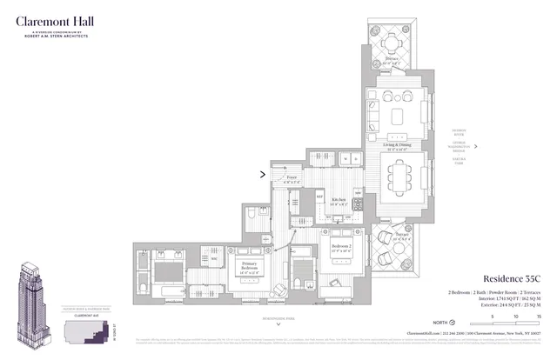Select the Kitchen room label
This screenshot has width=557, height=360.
338,200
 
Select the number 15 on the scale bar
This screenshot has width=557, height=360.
539,316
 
